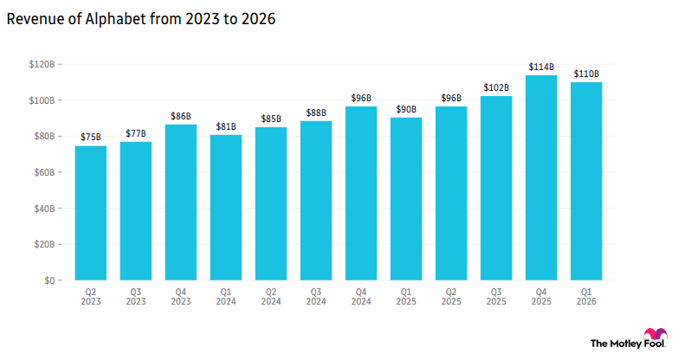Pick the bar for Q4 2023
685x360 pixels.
click(x=180, y=202)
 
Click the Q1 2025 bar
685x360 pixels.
click(x=405, y=199)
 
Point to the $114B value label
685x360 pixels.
click(x=540, y=67)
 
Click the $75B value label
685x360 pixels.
click(x=90, y=137)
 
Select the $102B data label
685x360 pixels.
click(x=495, y=87)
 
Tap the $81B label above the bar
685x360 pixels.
click(x=225, y=126)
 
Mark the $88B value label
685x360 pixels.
click(x=315, y=112)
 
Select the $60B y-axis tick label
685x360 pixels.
click(x=46, y=172)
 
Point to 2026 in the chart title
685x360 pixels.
click(x=257, y=20)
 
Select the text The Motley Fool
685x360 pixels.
click(x=615, y=344)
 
